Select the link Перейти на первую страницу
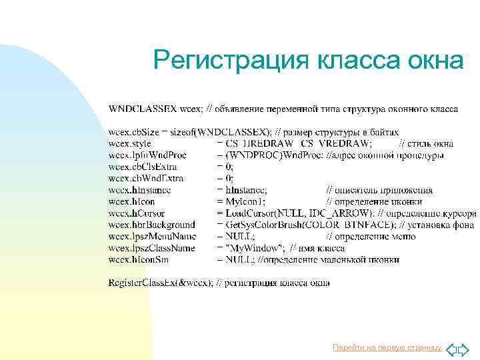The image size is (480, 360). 387,347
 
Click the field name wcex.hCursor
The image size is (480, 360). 136,213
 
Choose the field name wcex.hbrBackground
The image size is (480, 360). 151,225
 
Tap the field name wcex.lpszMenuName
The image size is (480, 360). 152,236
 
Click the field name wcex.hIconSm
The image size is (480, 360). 139,259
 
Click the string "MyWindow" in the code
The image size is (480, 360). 248,248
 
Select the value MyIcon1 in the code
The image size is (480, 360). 247,201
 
